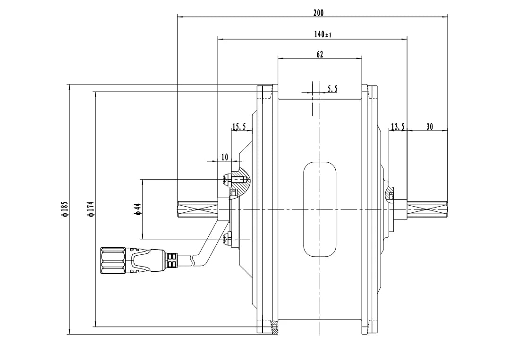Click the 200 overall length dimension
click(318, 13)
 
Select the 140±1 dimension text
click(323, 34)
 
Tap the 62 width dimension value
click(320, 54)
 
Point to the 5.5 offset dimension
click(332, 88)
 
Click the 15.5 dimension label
click(239, 126)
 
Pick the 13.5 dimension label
click(398, 126)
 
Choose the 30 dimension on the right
click(429, 126)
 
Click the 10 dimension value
click(224, 157)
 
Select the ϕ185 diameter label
click(65, 209)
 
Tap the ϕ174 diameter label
click(91, 209)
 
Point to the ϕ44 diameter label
click(138, 209)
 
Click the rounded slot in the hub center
click(320, 209)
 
